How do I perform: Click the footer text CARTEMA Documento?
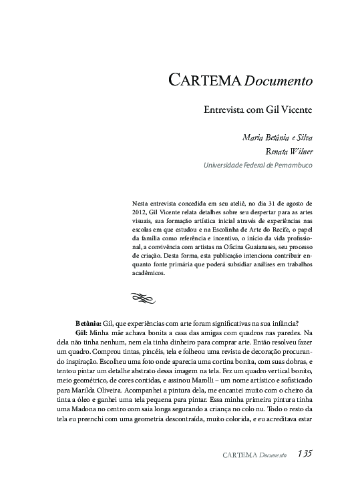(254, 455)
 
